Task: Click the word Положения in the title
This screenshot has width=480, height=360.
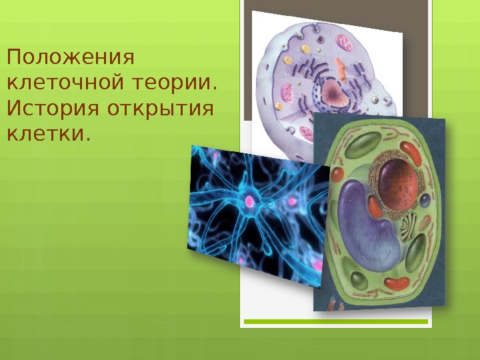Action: [70, 59]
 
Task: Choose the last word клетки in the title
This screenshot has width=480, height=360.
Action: [47, 133]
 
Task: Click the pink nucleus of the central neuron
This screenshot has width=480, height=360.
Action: [250, 200]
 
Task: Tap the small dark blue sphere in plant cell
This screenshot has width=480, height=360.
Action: [425, 199]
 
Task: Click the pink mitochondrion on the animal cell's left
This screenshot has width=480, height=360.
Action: [287, 94]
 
